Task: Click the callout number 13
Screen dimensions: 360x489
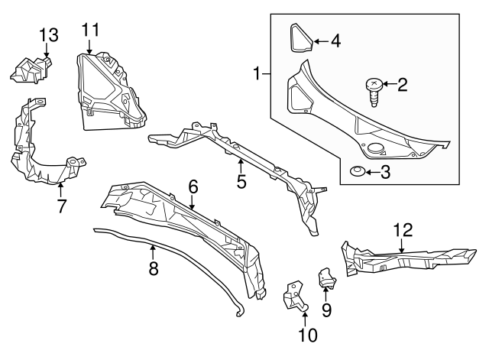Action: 48,34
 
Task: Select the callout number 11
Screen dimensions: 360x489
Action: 91,31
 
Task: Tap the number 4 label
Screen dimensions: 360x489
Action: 335,41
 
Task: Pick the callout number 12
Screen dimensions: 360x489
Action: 402,229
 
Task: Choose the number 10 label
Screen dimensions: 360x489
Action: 306,334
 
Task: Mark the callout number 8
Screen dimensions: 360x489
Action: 153,268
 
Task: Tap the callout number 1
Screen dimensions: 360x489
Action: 257,74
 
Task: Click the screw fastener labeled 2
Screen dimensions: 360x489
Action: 374,90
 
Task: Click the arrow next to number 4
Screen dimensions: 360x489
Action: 319,41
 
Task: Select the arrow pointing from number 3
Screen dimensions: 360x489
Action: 371,173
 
